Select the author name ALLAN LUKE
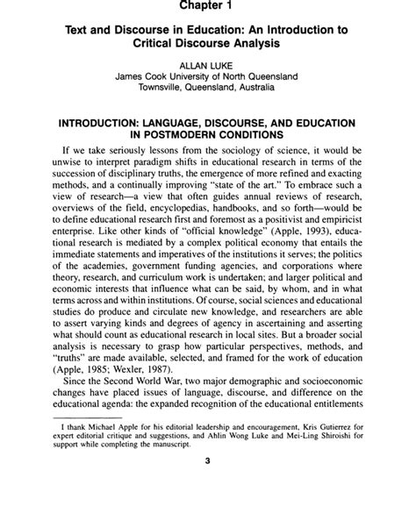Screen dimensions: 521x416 [208, 64]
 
